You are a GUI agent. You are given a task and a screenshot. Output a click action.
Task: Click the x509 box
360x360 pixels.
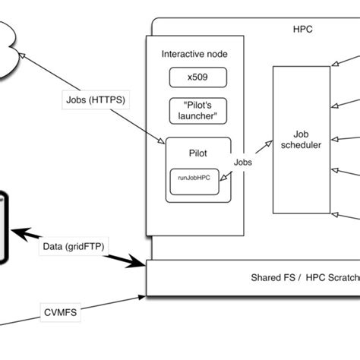pyautogui.click(x=194, y=77)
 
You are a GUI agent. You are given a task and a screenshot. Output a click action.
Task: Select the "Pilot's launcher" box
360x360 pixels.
pyautogui.click(x=194, y=109)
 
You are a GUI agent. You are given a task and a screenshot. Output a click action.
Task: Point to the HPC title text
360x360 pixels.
pyautogui.click(x=302, y=30)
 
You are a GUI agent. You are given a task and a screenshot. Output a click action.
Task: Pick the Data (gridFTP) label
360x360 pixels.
pyautogui.click(x=74, y=247)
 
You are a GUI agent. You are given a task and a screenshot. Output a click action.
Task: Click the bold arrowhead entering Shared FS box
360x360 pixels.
pyautogui.click(x=141, y=264)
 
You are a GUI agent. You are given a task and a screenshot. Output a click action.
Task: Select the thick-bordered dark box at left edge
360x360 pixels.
pyautogui.click(x=4, y=228)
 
